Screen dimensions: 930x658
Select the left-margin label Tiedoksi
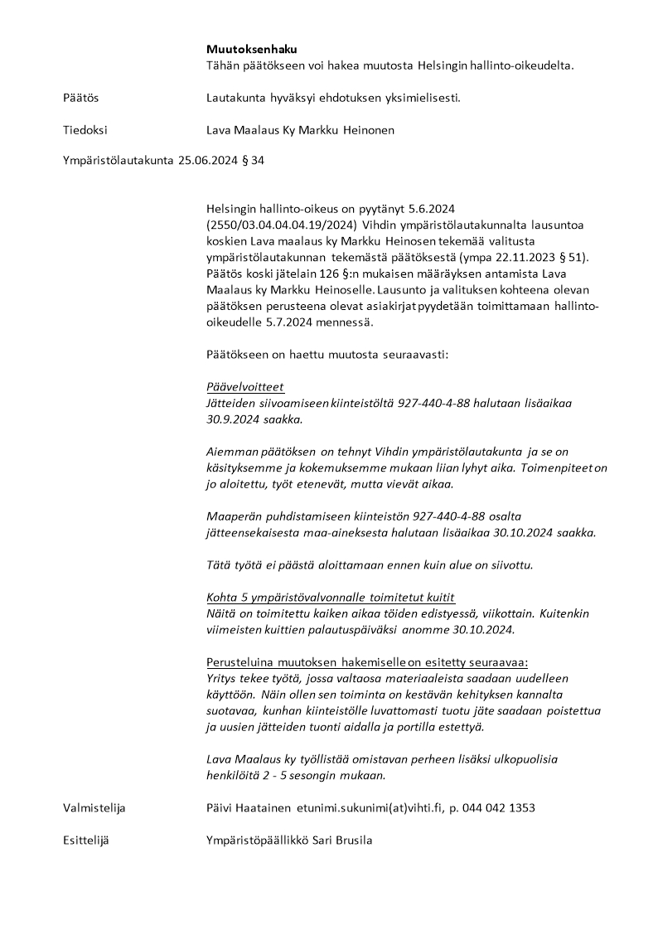[x=85, y=130]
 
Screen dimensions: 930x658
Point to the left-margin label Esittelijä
[x=86, y=840]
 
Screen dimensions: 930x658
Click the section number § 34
[x=252, y=160]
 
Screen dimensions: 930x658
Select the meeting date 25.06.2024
[x=206, y=160]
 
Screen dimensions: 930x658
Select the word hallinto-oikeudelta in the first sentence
[x=520, y=65]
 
